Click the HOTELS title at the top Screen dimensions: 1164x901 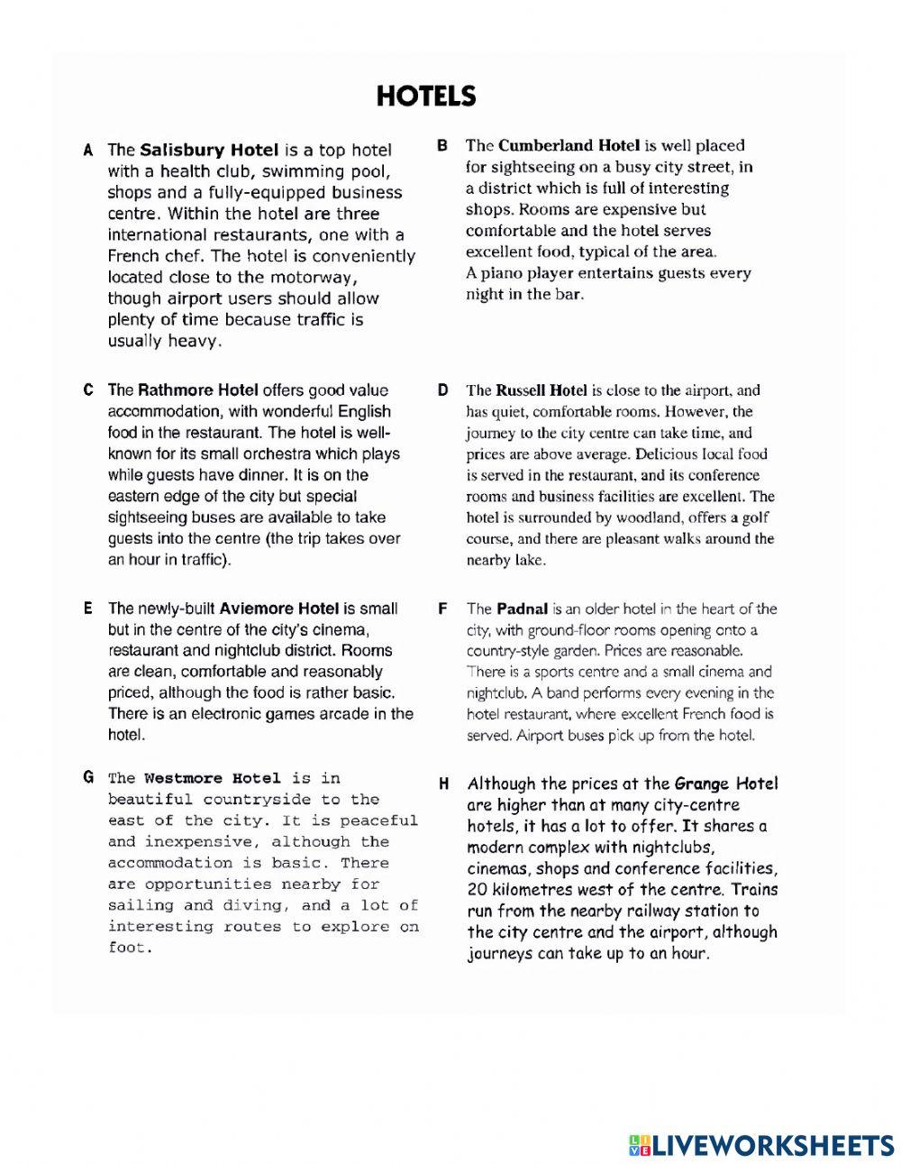(x=425, y=96)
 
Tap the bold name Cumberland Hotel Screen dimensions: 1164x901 (x=569, y=145)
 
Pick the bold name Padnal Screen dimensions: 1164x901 (x=522, y=609)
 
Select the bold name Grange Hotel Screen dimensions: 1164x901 (x=726, y=784)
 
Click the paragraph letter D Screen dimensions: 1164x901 (x=442, y=390)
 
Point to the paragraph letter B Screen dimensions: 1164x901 (x=442, y=145)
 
